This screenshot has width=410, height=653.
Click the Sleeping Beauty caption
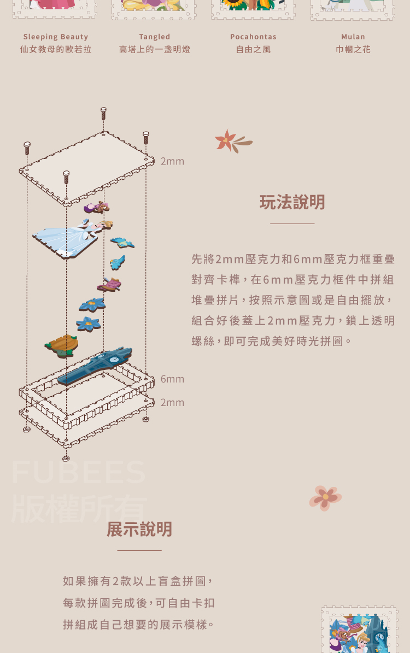pyautogui.click(x=55, y=37)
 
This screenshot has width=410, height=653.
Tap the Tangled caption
pyautogui.click(x=155, y=37)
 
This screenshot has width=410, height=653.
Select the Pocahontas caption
pyautogui.click(x=253, y=37)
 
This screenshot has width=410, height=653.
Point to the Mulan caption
pyautogui.click(x=353, y=37)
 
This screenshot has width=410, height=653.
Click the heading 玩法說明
pyautogui.click(x=292, y=202)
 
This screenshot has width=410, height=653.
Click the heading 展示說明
pyautogui.click(x=139, y=529)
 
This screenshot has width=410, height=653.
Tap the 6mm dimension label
pyautogui.click(x=172, y=379)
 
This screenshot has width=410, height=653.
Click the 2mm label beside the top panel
pyautogui.click(x=172, y=161)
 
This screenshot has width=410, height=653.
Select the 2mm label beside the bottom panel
pyautogui.click(x=172, y=402)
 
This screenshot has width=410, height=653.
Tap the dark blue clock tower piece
pyautogui.click(x=95, y=365)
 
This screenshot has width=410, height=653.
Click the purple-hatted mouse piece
pyautogui.click(x=97, y=207)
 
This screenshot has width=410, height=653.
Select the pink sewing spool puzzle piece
pyautogui.click(x=109, y=285)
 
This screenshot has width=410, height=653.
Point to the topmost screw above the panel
pyautogui.click(x=103, y=113)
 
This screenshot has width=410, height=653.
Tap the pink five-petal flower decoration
pyautogui.click(x=325, y=498)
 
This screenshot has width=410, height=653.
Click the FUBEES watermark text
pyautogui.click(x=79, y=472)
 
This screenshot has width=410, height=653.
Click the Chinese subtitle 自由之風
pyautogui.click(x=253, y=49)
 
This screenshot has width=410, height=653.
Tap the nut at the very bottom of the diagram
pyautogui.click(x=66, y=458)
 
